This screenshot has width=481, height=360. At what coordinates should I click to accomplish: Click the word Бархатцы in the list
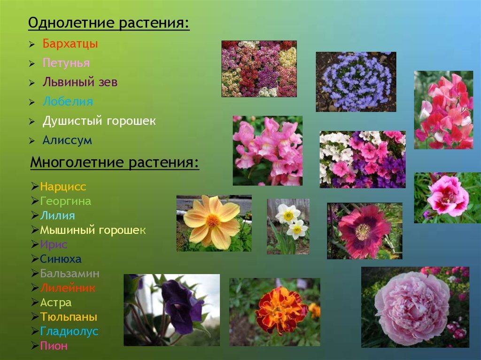[70, 44]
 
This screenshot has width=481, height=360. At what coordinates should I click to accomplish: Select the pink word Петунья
[66, 63]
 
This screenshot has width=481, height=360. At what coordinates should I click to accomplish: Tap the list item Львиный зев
[80, 82]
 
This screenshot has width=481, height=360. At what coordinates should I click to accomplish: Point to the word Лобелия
[68, 101]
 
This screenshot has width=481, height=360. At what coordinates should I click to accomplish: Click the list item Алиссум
[67, 140]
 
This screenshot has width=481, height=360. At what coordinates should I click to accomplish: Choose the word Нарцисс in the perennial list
[63, 186]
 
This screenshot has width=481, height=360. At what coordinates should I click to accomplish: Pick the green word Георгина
[66, 201]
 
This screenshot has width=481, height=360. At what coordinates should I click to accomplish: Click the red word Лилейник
[68, 288]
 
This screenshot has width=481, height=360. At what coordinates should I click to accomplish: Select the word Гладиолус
[69, 331]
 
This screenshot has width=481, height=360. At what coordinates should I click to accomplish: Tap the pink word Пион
[54, 345]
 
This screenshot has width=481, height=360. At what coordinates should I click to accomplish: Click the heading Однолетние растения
[109, 23]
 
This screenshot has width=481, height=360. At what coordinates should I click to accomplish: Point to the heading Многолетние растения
[115, 162]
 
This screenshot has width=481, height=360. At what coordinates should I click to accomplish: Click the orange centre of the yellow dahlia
[212, 221]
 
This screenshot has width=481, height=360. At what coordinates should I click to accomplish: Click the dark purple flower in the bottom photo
[181, 306]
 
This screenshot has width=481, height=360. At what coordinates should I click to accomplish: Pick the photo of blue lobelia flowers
[356, 82]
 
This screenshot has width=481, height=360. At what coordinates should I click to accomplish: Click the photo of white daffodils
[288, 226]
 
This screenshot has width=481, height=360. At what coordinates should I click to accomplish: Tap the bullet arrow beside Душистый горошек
[32, 122]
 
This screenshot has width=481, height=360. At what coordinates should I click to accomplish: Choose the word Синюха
[61, 259]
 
